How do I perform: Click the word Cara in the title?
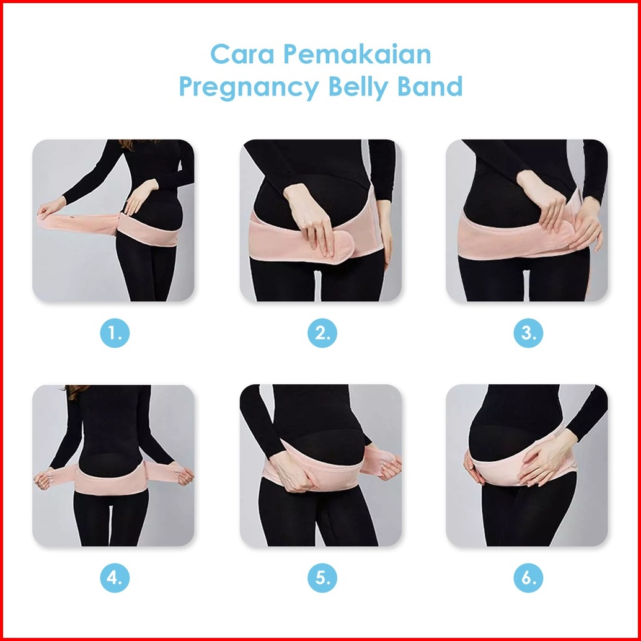(242, 55)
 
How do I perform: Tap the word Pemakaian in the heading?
(357, 54)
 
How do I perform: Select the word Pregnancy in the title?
(249, 87)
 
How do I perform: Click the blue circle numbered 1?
(115, 333)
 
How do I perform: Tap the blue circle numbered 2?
(322, 333)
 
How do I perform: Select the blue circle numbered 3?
(528, 333)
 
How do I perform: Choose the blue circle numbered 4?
(115, 578)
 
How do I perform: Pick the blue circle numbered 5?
(322, 578)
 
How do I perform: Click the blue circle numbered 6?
(528, 578)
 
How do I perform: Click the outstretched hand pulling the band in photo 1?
(50, 208)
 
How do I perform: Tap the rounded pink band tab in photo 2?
(335, 247)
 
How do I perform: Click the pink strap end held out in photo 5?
(380, 461)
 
